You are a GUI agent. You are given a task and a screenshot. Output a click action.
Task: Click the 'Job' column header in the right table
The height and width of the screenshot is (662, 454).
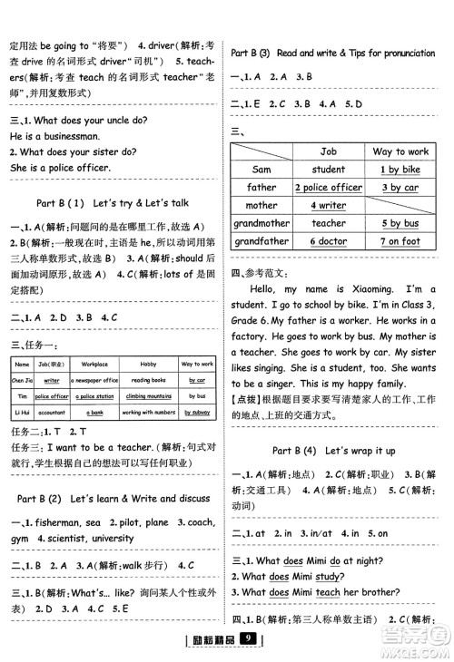(328, 151)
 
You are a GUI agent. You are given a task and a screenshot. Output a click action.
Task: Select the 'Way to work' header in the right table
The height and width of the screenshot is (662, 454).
(400, 151)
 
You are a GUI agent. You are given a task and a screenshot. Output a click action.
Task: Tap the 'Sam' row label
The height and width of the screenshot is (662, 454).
(262, 169)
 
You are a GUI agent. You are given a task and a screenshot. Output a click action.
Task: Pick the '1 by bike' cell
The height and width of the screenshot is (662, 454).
(400, 169)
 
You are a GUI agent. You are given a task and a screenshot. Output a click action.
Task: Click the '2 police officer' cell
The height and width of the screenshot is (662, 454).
(328, 187)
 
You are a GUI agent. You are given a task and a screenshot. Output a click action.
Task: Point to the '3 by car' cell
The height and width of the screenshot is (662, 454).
(400, 187)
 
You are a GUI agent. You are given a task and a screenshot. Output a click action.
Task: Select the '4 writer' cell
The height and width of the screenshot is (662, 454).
(328, 205)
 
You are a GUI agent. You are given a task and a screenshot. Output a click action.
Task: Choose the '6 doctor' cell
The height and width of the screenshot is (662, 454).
(328, 241)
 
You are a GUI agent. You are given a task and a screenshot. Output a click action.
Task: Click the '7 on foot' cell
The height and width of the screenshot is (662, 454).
(400, 241)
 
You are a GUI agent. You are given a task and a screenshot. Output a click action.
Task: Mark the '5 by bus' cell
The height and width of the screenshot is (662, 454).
(400, 223)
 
